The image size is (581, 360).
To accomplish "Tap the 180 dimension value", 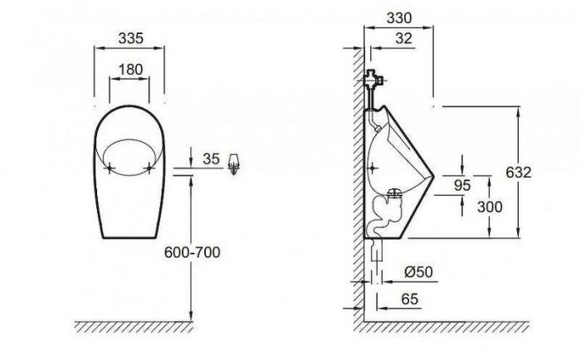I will pyautogui.click(x=130, y=69).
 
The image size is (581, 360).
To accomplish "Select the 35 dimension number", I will pyautogui.click(x=212, y=157).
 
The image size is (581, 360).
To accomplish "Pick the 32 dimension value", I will pyautogui.click(x=403, y=37).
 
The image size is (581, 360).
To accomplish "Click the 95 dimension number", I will pyautogui.click(x=462, y=185).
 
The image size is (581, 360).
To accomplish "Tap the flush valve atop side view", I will pyautogui.click(x=374, y=81).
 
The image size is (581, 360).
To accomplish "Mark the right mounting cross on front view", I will pyautogui.click(x=149, y=167).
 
